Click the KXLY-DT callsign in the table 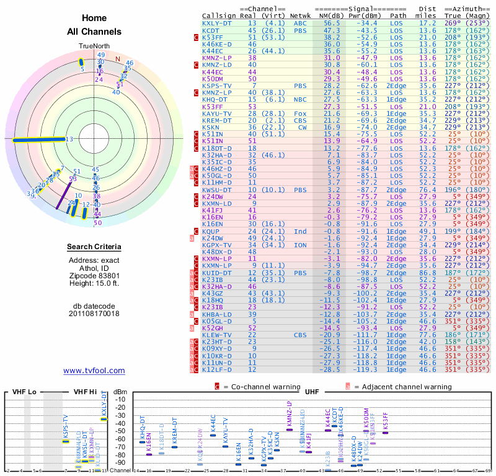[x=218, y=22]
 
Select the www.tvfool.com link [x=94, y=371]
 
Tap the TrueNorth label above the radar [x=94, y=46]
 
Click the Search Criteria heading [x=94, y=247]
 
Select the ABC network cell [x=301, y=22]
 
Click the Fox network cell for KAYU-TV [x=301, y=113]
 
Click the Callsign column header [x=218, y=15]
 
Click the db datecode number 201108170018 [x=94, y=314]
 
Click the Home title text [x=94, y=18]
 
